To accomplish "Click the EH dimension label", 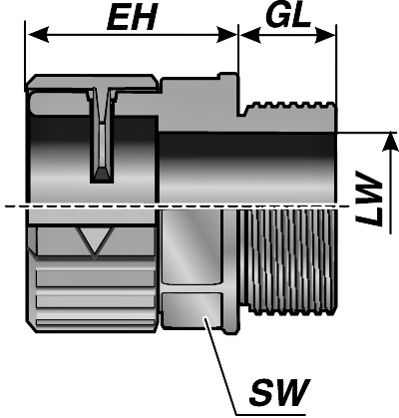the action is (132, 19).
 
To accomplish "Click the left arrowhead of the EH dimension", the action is (38, 35).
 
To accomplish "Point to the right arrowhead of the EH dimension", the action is (226, 35).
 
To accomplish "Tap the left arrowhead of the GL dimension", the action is (250, 35).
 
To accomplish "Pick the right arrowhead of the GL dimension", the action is (324, 35).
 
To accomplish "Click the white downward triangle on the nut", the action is (96, 241).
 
